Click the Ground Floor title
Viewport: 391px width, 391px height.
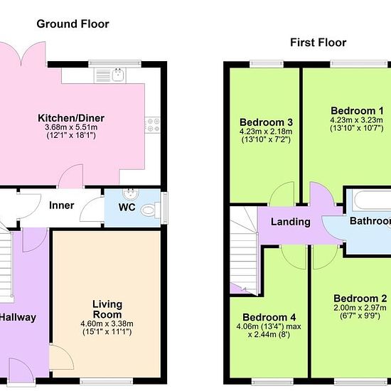pos(73,24)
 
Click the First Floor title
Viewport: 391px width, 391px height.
pos(318,43)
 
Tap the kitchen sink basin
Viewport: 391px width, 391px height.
pos(118,75)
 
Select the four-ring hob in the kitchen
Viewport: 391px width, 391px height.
pos(153,125)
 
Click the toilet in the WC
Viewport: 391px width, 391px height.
pos(150,210)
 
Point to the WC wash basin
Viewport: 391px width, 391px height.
pos(130,194)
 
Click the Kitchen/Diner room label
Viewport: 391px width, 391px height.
pos(71,118)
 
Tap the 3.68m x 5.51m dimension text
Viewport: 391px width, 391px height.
pos(71,127)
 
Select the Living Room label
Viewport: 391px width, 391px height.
pos(107,309)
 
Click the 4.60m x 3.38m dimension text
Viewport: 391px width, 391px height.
pos(107,323)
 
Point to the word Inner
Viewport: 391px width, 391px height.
pos(62,205)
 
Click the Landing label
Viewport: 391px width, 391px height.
pos(291,222)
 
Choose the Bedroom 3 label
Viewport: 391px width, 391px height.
pos(266,122)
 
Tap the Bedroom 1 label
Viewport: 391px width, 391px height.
pos(357,110)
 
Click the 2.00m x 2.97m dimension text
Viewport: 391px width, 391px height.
pos(360,307)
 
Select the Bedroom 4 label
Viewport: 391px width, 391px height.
pos(269,317)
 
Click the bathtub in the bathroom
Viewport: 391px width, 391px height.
pos(373,200)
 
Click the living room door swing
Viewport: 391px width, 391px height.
pos(62,357)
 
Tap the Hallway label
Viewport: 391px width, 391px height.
pos(18,318)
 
